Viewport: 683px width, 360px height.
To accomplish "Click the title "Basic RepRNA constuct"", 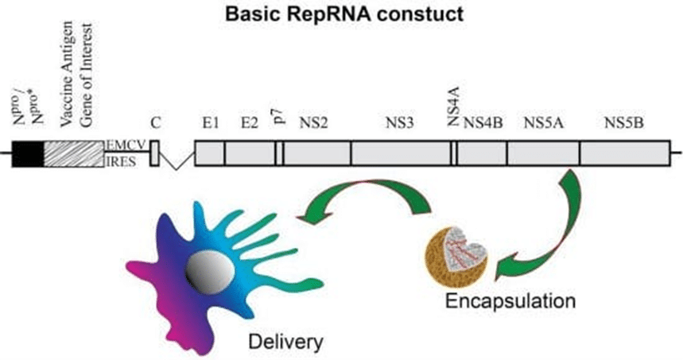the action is pyautogui.click(x=344, y=14).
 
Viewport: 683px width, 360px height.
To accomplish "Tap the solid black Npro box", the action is pyautogui.click(x=28, y=153).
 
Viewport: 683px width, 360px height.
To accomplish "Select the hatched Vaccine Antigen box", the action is pyautogui.click(x=74, y=153).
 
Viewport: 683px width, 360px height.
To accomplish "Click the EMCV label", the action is pyautogui.click(x=126, y=145).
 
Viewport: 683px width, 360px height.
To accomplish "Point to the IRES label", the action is pyautogui.click(x=121, y=162).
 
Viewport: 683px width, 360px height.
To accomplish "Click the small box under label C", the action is pyautogui.click(x=154, y=153).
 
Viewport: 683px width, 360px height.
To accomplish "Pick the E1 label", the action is pyautogui.click(x=211, y=123).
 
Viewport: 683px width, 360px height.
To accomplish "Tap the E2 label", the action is pyautogui.click(x=250, y=123).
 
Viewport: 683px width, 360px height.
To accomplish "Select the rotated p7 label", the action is pyautogui.click(x=281, y=117).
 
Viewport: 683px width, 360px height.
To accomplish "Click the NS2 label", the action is pyautogui.click(x=313, y=123).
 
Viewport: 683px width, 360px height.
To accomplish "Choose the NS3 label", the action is pyautogui.click(x=399, y=123).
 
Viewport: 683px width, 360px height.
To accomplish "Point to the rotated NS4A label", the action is pyautogui.click(x=454, y=106).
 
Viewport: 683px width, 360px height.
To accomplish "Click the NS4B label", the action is pyautogui.click(x=483, y=123).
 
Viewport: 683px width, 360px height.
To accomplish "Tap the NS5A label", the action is pyautogui.click(x=544, y=123).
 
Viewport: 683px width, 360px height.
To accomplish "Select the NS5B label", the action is pyautogui.click(x=623, y=123).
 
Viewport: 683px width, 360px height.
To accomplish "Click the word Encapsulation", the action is pyautogui.click(x=510, y=301).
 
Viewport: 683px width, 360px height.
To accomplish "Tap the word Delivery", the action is pyautogui.click(x=285, y=343).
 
